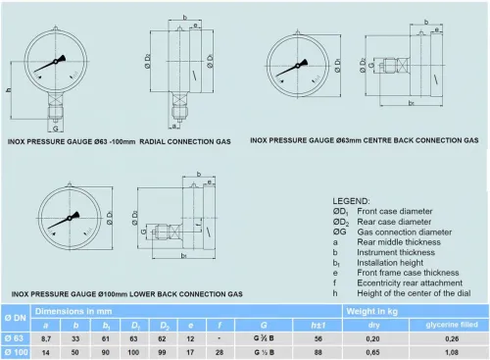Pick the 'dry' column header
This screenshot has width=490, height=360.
point(373,325)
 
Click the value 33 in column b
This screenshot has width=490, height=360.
point(77,337)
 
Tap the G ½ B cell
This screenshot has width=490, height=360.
point(264,350)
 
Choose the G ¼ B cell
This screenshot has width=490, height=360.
point(264,337)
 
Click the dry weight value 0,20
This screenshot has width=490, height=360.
point(373,337)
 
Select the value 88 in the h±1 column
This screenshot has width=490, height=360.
point(318,350)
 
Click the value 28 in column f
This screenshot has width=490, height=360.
point(220,350)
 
